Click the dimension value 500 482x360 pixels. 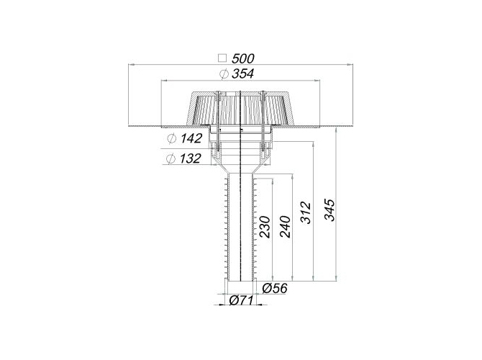click(x=243, y=58)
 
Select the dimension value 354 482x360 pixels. click(x=243, y=74)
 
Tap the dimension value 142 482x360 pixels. click(x=191, y=138)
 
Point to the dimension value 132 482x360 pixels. click(x=190, y=158)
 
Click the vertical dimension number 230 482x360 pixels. click(x=265, y=227)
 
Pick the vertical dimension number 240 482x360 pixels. click(x=285, y=227)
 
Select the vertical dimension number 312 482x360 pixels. click(x=306, y=212)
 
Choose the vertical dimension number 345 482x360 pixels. click(x=329, y=210)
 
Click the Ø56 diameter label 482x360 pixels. click(x=275, y=288)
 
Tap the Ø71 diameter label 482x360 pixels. click(x=241, y=300)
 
